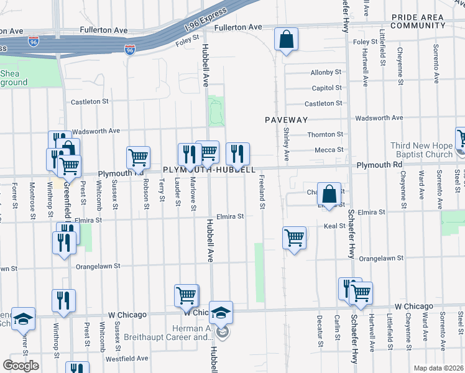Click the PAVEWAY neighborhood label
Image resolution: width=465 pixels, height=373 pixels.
(x=286, y=119)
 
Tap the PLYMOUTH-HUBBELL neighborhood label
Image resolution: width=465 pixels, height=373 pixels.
(x=209, y=170)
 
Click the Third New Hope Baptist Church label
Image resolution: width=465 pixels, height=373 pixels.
(x=421, y=150)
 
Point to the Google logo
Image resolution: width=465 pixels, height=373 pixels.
(x=21, y=366)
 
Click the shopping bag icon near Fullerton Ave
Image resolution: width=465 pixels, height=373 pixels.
(x=286, y=40)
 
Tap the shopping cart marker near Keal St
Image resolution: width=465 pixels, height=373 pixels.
(x=294, y=237)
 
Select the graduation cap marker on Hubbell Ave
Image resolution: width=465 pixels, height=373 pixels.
(x=221, y=313)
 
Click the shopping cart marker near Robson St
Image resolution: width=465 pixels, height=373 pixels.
(x=139, y=157)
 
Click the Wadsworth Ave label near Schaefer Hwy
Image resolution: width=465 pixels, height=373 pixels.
(x=378, y=117)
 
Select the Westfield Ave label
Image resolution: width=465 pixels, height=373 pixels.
(x=126, y=359)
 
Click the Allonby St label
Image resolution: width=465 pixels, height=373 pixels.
(x=326, y=73)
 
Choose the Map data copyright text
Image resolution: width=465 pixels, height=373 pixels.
(x=439, y=368)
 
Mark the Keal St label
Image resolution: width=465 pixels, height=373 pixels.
(x=334, y=226)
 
